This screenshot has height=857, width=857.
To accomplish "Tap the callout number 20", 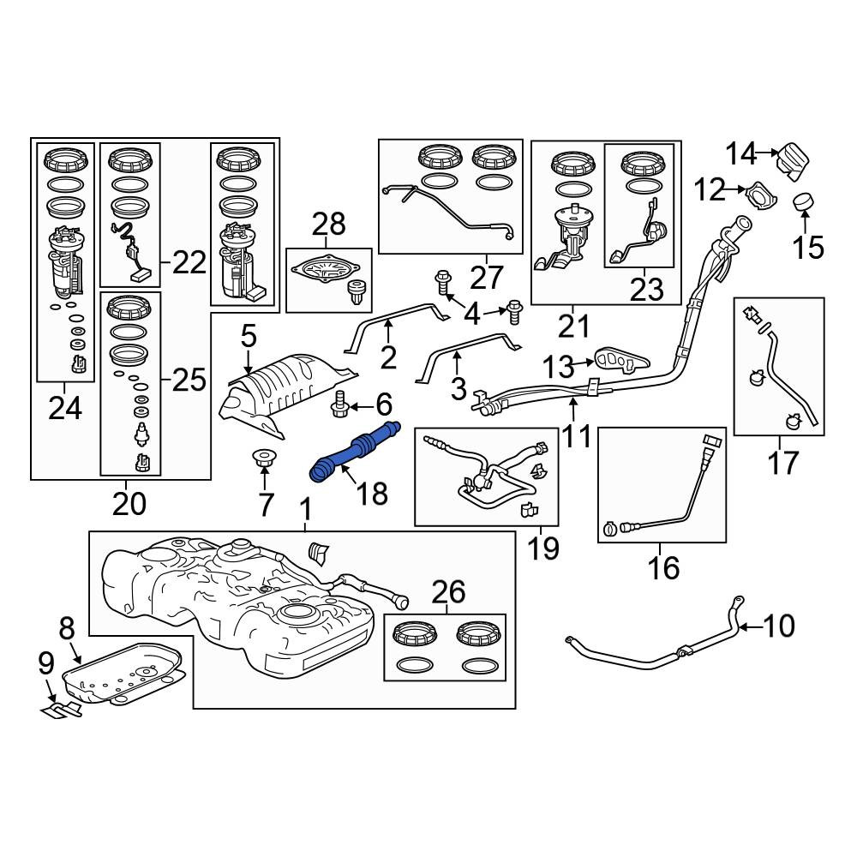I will pos(129,503).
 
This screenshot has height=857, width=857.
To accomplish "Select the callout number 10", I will pos(779,626).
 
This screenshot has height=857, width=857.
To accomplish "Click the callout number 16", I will pos(664,566).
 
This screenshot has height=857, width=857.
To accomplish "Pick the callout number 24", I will pos(64,409).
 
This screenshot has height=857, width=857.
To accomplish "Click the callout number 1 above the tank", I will pos(305,511).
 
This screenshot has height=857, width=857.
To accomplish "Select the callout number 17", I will pos(782,463).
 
